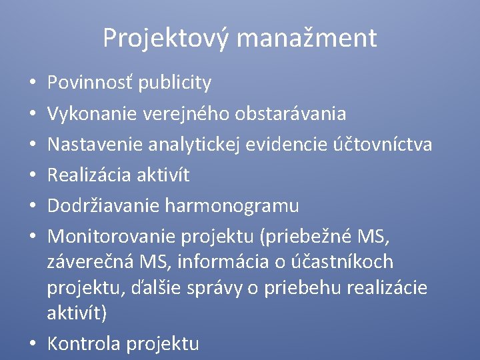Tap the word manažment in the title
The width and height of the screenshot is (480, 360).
(x=306, y=38)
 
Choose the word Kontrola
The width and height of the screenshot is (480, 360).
(x=84, y=343)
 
